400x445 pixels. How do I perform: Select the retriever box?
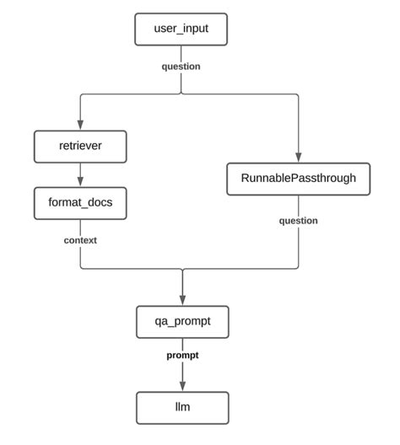[x=80, y=147]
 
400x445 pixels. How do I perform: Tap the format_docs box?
[x=80, y=203]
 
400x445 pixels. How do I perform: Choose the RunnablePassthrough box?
[x=299, y=179]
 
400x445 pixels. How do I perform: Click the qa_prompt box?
[x=181, y=321]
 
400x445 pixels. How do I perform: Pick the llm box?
[x=181, y=408]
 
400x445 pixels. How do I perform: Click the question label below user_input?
[x=181, y=67]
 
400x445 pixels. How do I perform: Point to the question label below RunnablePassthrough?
[x=299, y=221]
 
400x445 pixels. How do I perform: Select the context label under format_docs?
[x=80, y=240]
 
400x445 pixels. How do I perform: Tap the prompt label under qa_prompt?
[x=182, y=356]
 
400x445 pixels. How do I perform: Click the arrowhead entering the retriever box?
[x=80, y=125]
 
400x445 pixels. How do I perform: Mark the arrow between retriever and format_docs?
[x=80, y=175]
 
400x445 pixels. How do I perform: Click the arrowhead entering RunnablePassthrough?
[x=299, y=157]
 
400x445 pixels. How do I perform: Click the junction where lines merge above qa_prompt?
[x=182, y=270]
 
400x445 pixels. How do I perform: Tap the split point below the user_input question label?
[x=181, y=94]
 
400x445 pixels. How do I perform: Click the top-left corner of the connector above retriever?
[x=81, y=94]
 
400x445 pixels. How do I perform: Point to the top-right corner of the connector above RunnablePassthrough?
[x=298, y=94]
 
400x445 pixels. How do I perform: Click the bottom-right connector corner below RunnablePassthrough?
[x=298, y=270]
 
